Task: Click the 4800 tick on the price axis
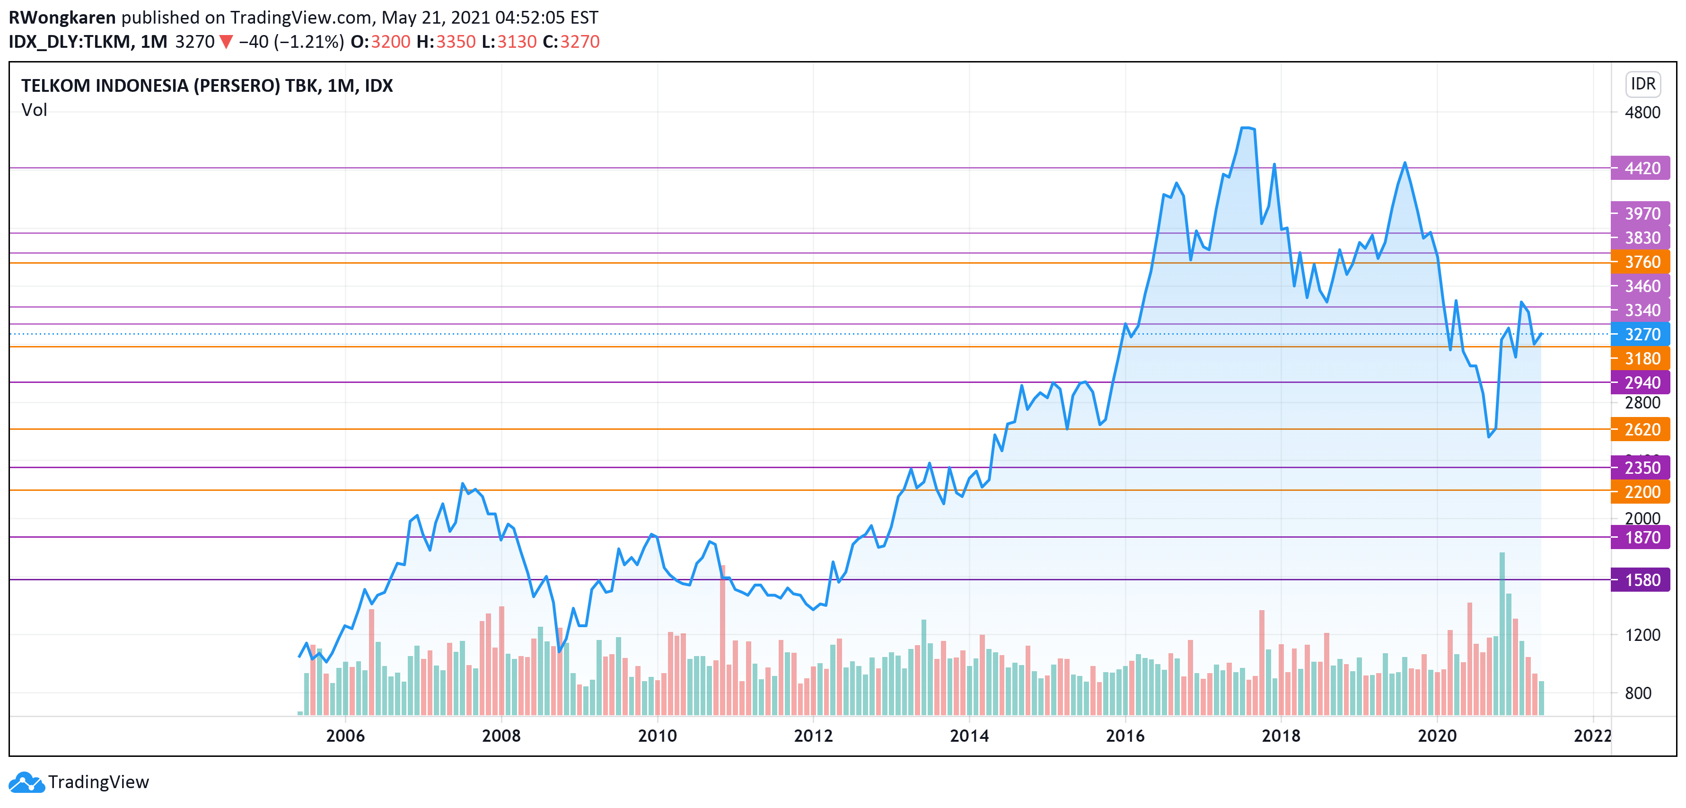click(x=1642, y=113)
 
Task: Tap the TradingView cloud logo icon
click(x=26, y=782)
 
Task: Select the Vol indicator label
click(x=34, y=110)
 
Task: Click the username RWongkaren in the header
click(x=62, y=18)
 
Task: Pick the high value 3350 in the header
click(x=456, y=42)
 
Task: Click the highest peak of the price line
click(x=1247, y=128)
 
